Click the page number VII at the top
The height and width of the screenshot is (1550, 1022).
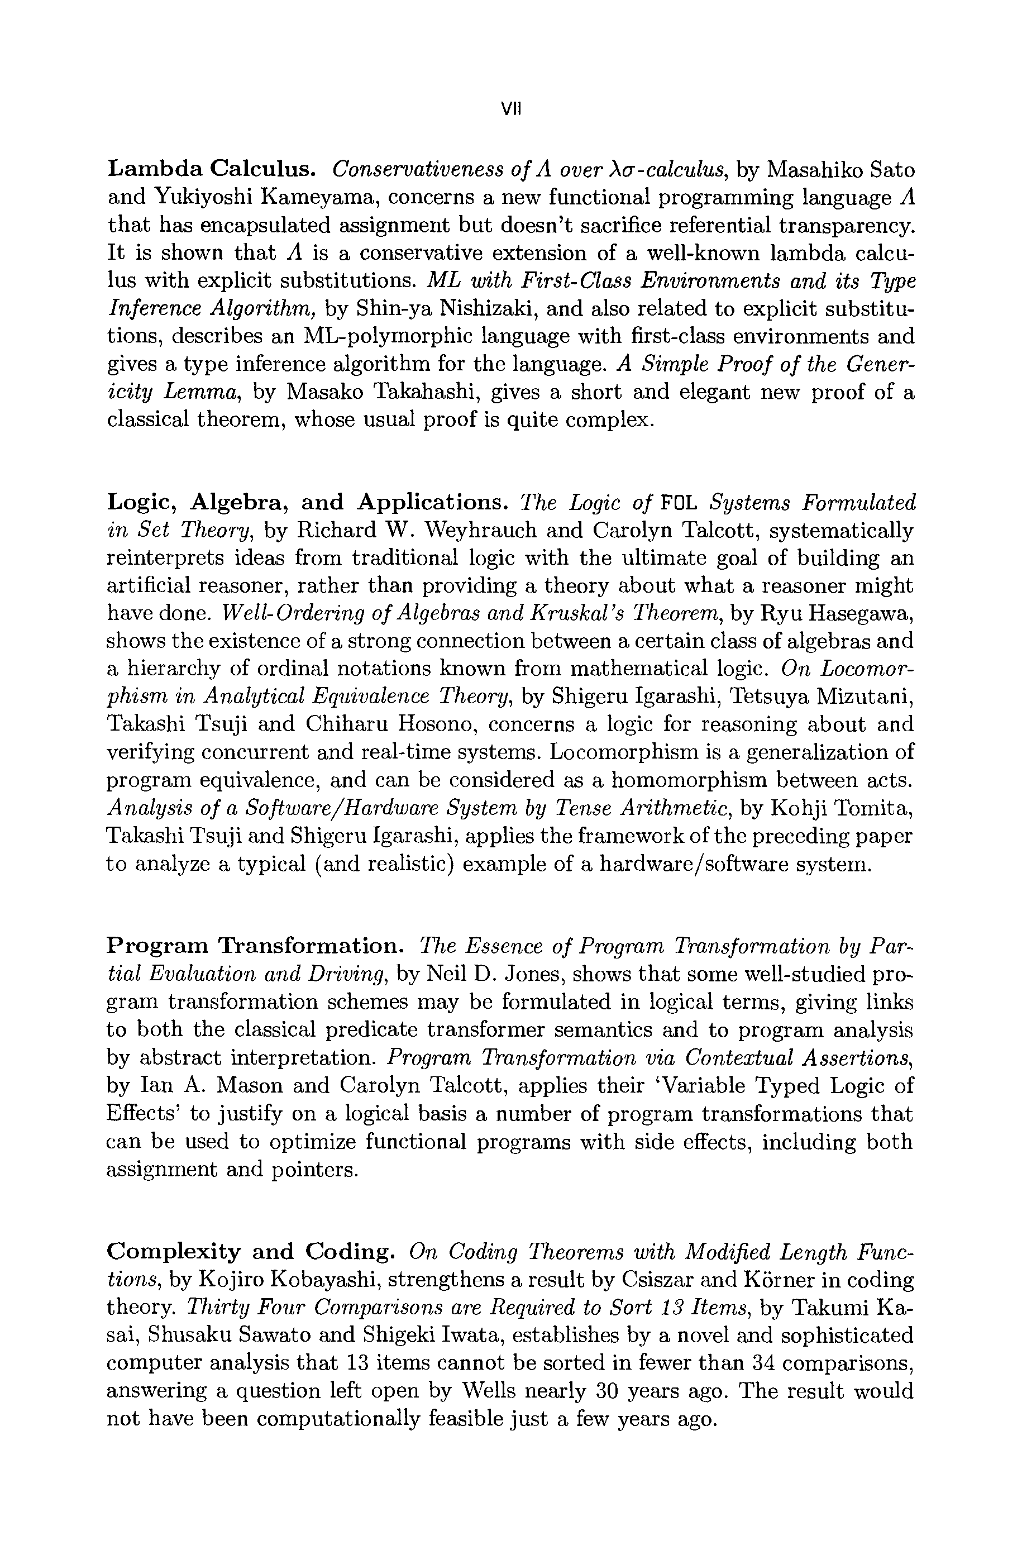[511, 109]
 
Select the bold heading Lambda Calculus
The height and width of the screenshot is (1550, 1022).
[212, 169]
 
